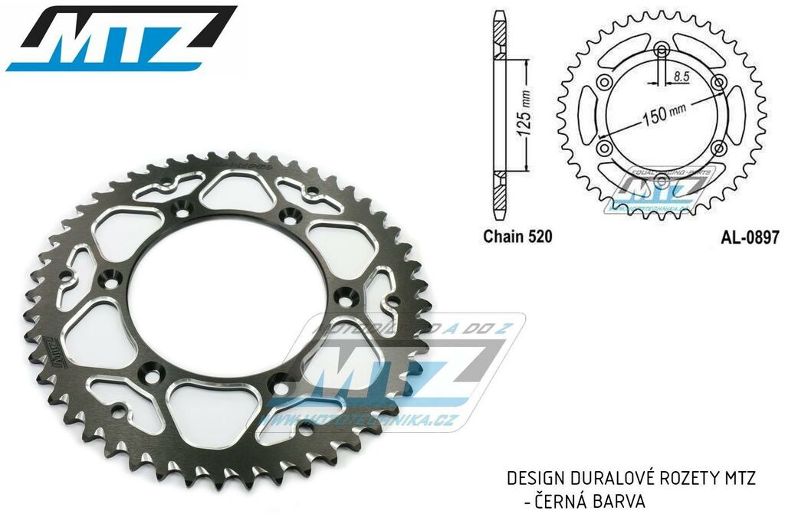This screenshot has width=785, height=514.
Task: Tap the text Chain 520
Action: [517, 237]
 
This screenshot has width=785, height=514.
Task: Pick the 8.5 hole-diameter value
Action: [682, 77]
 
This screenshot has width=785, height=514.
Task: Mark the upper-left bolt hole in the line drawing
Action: [606, 83]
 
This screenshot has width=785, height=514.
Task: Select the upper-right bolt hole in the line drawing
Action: [718, 83]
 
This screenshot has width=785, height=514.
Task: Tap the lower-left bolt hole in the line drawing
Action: [606, 148]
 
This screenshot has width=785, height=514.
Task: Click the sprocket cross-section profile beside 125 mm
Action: [500, 115]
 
